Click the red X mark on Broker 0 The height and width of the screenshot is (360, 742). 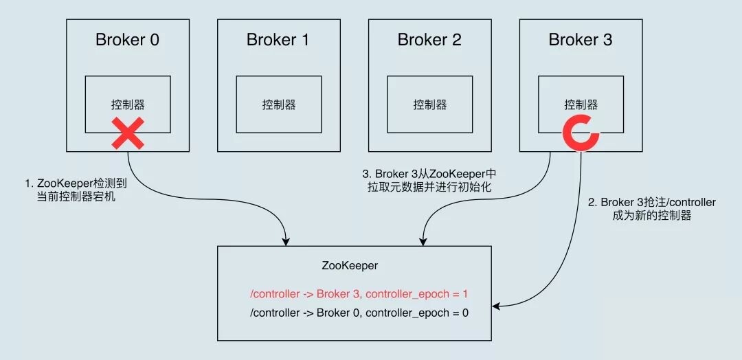pos(128,133)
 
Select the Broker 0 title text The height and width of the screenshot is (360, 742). pos(127,40)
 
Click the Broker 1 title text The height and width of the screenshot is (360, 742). pos(278,40)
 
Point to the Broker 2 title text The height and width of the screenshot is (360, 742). pos(429,40)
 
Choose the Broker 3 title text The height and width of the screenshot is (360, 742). pos(581,40)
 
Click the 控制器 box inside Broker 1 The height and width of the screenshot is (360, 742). pos(279,104)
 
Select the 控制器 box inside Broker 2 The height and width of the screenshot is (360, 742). pos(430,104)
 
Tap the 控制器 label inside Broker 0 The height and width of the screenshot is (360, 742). pos(128,104)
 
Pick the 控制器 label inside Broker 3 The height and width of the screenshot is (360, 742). pos(581,104)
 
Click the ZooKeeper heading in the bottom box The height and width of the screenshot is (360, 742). pos(350,265)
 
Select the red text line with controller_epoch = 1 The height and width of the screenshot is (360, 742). pos(360,294)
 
